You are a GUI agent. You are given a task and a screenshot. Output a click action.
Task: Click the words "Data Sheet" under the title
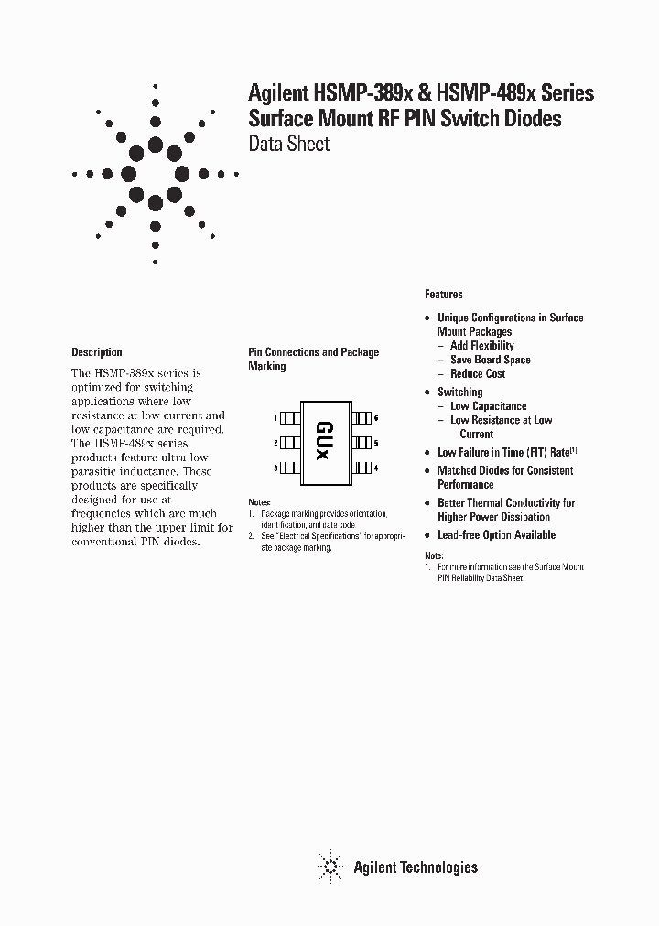click(x=289, y=144)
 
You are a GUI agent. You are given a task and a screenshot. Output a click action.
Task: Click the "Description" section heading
click(x=96, y=352)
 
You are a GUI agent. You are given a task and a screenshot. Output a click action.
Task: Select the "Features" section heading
click(x=444, y=295)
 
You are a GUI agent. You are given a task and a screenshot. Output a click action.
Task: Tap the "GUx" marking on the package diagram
click(x=325, y=443)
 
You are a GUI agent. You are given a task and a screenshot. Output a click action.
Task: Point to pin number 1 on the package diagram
click(x=275, y=417)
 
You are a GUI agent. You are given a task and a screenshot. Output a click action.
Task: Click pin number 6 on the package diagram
click(x=376, y=417)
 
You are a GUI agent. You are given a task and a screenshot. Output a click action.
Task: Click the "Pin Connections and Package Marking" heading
click(x=313, y=359)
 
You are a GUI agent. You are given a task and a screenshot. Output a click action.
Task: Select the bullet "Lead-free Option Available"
click(x=496, y=535)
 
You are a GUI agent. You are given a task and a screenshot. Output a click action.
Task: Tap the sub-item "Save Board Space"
click(x=490, y=360)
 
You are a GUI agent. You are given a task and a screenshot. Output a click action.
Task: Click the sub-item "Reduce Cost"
click(x=478, y=374)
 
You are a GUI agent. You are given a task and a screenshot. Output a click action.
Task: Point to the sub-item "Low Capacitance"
click(x=488, y=406)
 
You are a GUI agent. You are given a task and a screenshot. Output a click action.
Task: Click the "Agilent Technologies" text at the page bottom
click(x=416, y=867)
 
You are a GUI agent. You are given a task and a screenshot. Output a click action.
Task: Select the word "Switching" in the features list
click(x=459, y=392)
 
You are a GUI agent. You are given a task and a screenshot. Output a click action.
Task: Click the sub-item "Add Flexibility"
click(x=482, y=346)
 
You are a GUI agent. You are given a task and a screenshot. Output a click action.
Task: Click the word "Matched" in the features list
click(x=459, y=470)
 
